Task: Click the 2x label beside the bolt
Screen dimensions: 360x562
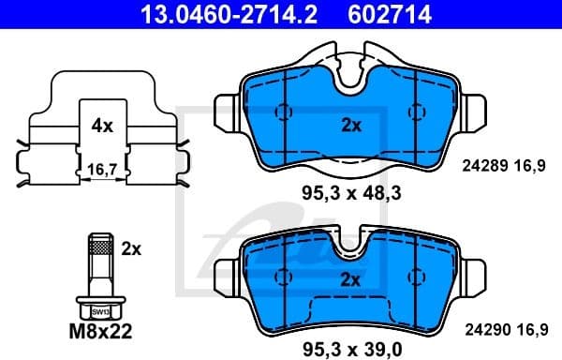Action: click(131, 248)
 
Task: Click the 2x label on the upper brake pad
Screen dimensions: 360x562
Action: click(348, 124)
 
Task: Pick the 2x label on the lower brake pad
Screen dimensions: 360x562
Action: click(348, 278)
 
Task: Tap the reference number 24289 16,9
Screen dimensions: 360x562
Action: click(504, 166)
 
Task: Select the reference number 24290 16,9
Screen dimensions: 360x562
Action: click(504, 330)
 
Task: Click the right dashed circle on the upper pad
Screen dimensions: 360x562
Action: click(413, 111)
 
